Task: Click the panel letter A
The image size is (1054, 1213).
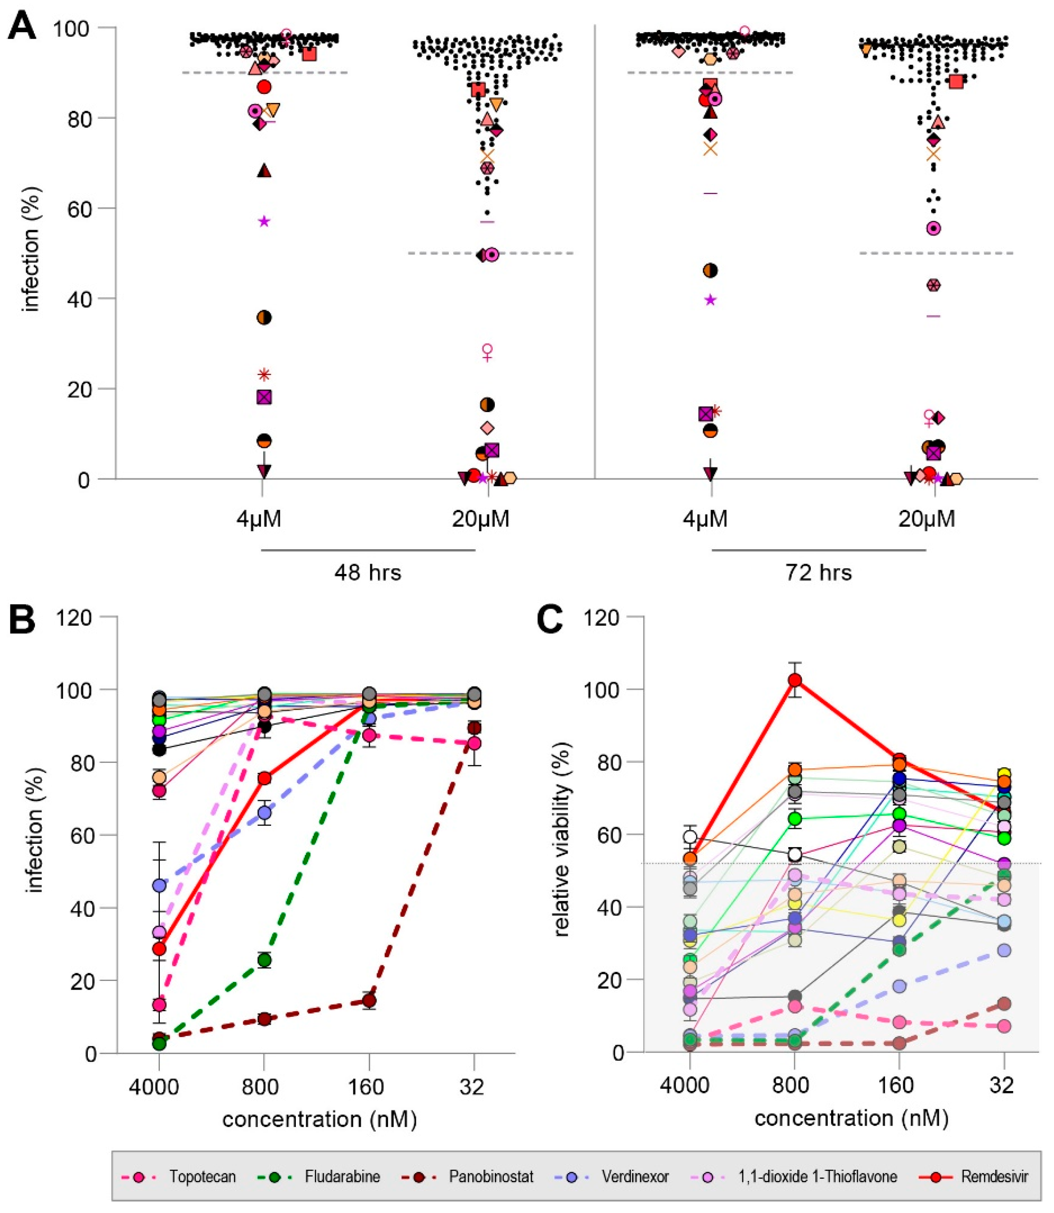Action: tap(22, 26)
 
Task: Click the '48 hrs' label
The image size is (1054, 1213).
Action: tap(368, 572)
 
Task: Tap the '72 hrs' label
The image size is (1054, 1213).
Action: tap(819, 572)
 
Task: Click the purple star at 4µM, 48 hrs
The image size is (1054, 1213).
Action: tap(264, 221)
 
